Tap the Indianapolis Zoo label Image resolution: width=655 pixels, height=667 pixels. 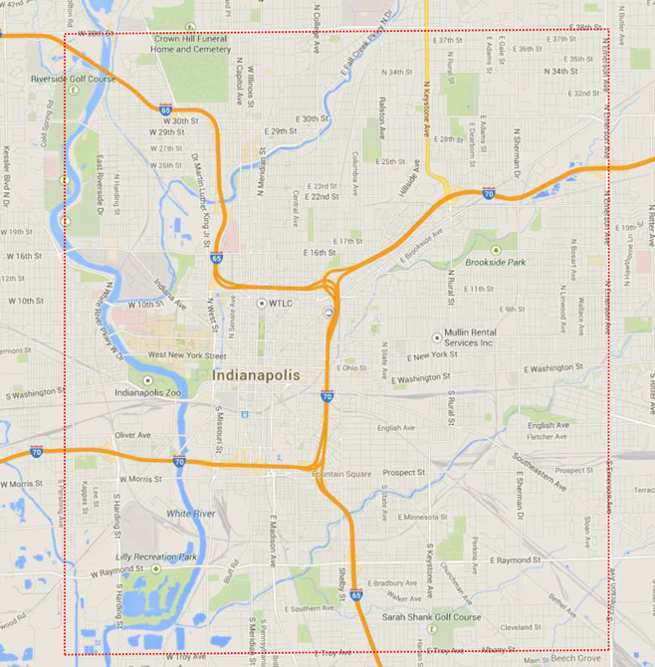pyautogui.click(x=147, y=392)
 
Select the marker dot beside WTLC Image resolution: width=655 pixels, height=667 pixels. pyautogui.click(x=262, y=303)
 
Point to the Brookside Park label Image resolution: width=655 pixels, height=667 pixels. pyautogui.click(x=495, y=262)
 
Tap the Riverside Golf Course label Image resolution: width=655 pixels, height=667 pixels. pyautogui.click(x=73, y=79)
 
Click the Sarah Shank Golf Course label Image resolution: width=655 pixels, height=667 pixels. pyautogui.click(x=431, y=617)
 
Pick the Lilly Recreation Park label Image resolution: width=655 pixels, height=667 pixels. pyautogui.click(x=156, y=557)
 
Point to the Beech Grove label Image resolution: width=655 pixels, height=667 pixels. pyautogui.click(x=576, y=658)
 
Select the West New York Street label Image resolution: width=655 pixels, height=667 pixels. pyautogui.click(x=186, y=355)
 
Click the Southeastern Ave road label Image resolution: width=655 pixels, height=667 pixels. pyautogui.click(x=540, y=473)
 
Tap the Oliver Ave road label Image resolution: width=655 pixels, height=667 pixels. pyautogui.click(x=131, y=435)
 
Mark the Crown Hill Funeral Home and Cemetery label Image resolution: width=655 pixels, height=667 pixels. pyautogui.click(x=190, y=43)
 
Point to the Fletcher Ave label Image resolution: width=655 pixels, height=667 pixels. pyautogui.click(x=547, y=436)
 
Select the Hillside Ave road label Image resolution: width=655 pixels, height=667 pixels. pyautogui.click(x=410, y=179)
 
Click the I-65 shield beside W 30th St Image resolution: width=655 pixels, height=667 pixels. pyautogui.click(x=165, y=109)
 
